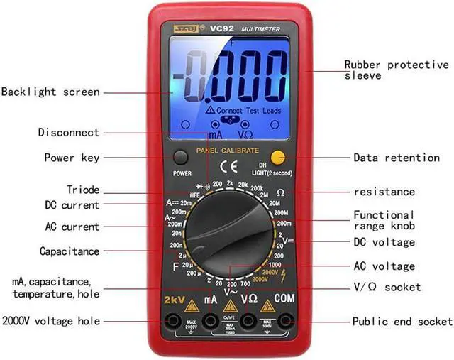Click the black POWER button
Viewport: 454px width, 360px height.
(182, 158)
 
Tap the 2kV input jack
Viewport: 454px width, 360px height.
(172, 322)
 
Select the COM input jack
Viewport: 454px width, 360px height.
(285, 322)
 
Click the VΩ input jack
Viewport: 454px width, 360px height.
(248, 322)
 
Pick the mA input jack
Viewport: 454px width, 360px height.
(210, 322)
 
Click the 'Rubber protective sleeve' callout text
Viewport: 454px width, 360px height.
(396, 70)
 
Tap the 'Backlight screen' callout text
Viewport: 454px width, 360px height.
(50, 92)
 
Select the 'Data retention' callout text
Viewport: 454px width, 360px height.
(397, 158)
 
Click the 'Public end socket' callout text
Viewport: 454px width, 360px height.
(402, 322)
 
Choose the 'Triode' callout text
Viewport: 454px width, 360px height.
(83, 190)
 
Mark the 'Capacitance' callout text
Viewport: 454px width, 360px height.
(70, 251)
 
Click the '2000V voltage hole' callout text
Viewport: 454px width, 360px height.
(50, 322)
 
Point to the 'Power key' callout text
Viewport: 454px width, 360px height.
(72, 158)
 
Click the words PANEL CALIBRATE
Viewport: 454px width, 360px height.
(228, 151)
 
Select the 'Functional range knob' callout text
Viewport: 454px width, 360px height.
(384, 220)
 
